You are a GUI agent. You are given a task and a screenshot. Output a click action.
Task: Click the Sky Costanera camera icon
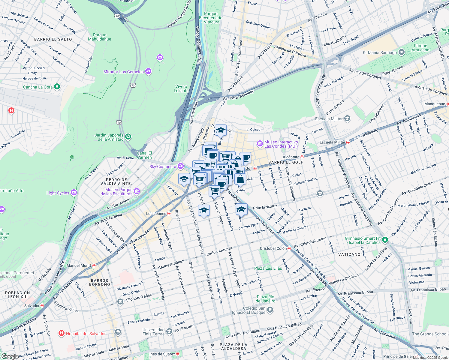click(x=180, y=166)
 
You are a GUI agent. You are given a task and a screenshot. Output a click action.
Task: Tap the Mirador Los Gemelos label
click(x=123, y=72)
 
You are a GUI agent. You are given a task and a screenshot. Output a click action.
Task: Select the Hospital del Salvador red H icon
click(x=61, y=333)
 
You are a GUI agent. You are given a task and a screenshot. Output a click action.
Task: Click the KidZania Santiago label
click(x=380, y=52)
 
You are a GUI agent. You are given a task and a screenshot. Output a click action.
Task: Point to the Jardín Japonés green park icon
click(x=128, y=137)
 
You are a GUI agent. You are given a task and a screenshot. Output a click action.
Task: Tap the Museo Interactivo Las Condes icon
click(x=260, y=144)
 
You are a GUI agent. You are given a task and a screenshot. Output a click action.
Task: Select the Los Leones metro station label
click(x=156, y=214)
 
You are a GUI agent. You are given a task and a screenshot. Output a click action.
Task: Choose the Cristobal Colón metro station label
click(x=273, y=248)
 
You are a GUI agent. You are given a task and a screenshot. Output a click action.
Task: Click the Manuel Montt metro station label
click(x=79, y=265)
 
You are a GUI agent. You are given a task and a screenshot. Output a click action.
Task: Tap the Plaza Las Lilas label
click(x=268, y=268)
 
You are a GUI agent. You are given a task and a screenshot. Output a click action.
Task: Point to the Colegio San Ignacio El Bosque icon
click(x=270, y=310)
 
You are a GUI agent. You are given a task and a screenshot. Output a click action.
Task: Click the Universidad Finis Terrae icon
click(x=169, y=331)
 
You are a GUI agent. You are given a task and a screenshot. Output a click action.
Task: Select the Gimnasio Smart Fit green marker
click(x=385, y=240)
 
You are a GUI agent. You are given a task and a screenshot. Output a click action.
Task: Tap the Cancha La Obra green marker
click(x=57, y=87)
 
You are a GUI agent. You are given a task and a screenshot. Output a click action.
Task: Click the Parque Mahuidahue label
click(x=100, y=37)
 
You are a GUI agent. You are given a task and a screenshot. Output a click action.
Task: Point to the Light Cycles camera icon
click(x=74, y=193)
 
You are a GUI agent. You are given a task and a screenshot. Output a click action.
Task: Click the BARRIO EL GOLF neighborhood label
click(x=286, y=162)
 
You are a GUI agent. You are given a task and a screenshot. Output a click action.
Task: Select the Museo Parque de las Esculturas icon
click(x=137, y=191)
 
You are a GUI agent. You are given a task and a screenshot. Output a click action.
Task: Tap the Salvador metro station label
click(x=32, y=306)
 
